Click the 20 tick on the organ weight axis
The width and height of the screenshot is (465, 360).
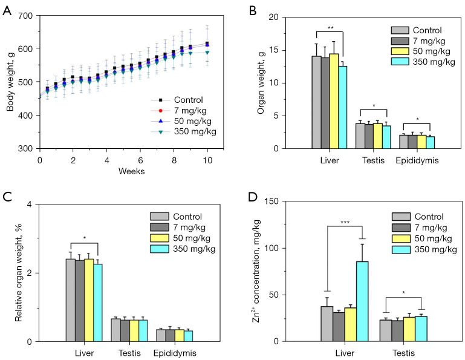coord(283,18)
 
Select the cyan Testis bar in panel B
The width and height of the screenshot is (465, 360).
coord(386,137)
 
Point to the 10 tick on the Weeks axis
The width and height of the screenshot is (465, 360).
coord(207,160)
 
